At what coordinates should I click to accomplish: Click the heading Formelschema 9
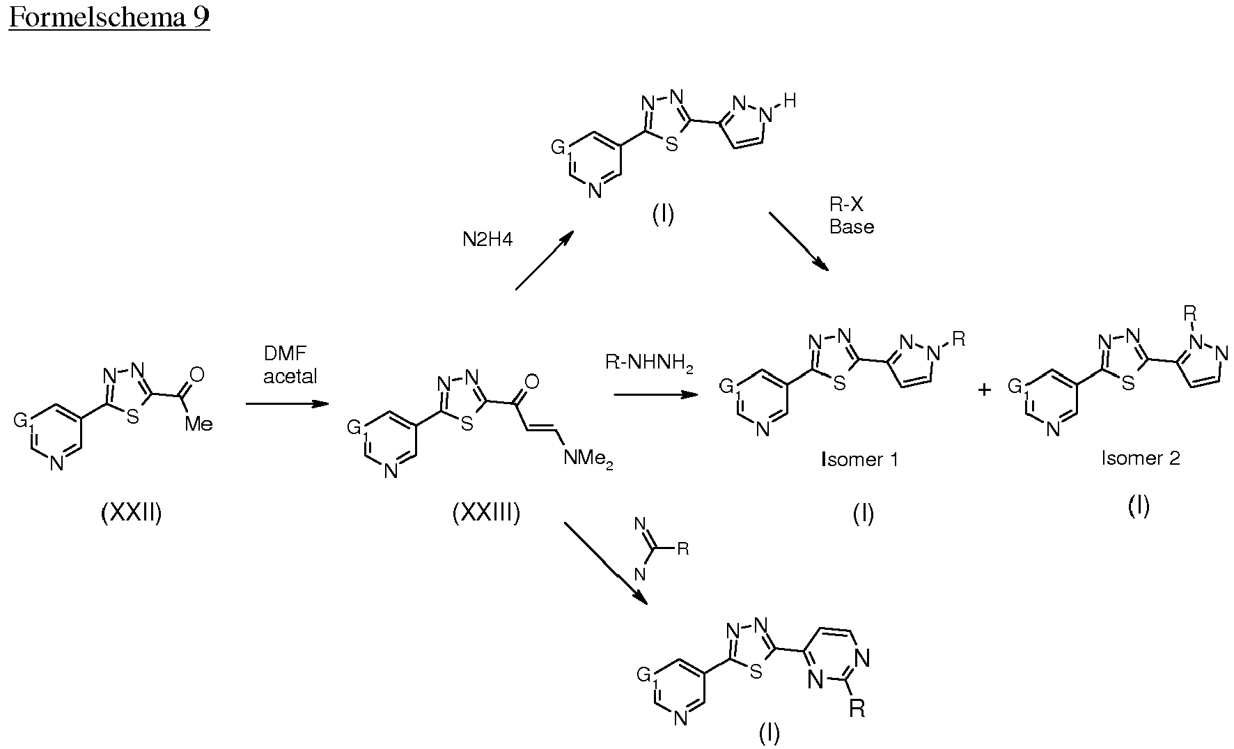coord(109,17)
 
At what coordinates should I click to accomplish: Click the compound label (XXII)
coord(132,514)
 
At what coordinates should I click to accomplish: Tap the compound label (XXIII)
coord(486,514)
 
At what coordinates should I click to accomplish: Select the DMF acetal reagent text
coord(290,366)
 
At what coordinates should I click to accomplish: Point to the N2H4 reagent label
coord(487,240)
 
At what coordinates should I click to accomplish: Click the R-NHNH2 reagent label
coord(650,364)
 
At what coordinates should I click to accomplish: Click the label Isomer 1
coord(860,459)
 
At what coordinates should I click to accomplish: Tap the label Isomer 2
coord(1141,458)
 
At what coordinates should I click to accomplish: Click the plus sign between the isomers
coord(984,389)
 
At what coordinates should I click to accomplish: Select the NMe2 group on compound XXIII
coord(588,460)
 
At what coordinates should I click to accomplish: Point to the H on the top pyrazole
coord(789,101)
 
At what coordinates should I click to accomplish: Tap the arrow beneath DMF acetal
coord(287,403)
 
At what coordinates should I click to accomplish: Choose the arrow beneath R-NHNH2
coord(655,394)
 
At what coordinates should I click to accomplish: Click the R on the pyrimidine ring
coord(857,709)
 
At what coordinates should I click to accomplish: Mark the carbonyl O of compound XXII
coord(197,375)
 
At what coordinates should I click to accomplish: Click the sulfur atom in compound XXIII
coord(467,424)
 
